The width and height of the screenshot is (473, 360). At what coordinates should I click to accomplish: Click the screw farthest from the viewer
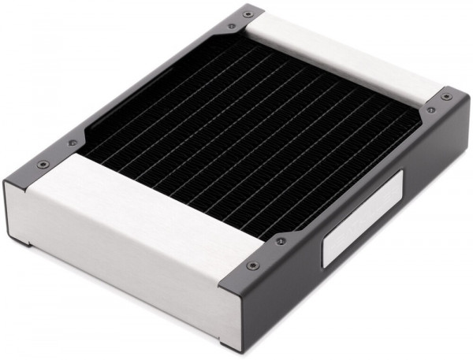(248, 13)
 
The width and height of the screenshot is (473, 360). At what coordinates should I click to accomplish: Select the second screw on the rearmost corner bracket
(230, 26)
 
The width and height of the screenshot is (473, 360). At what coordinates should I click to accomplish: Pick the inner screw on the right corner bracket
(430, 110)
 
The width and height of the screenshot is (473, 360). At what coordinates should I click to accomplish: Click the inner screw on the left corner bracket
(73, 143)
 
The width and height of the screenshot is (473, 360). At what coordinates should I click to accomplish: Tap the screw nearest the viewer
(252, 265)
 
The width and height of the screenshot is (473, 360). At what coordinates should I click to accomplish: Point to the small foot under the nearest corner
(229, 347)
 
